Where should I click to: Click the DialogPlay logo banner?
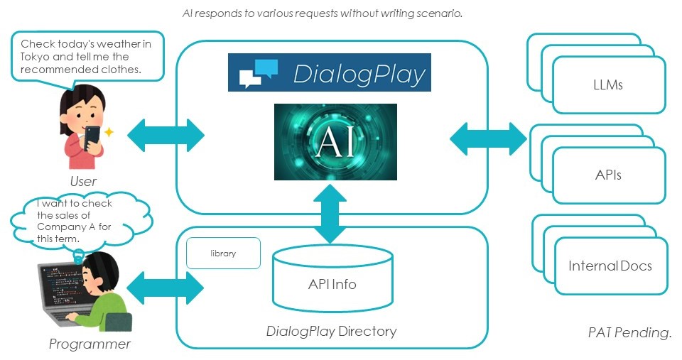329,72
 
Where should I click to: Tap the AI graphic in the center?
335,142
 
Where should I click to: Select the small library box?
223,253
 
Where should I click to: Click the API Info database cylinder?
332,278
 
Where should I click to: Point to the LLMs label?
608,84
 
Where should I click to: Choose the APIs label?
608,175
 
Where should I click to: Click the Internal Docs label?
610,266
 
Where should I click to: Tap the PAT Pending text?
629,332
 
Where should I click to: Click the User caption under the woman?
83,181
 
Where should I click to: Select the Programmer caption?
90,344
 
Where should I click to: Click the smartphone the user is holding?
92,138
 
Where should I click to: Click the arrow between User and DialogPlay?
166,135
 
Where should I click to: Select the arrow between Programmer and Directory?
166,288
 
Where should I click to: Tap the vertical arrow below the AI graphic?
330,214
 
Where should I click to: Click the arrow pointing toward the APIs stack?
488,139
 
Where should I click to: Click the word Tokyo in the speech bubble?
35,57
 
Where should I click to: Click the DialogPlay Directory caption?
332,332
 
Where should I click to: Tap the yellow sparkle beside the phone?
109,132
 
